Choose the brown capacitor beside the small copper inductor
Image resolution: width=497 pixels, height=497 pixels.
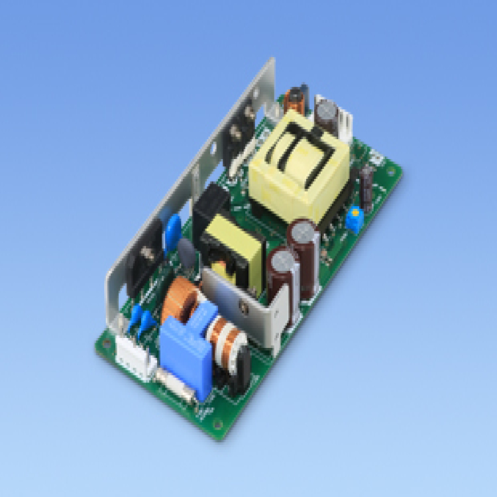click(325, 109)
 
